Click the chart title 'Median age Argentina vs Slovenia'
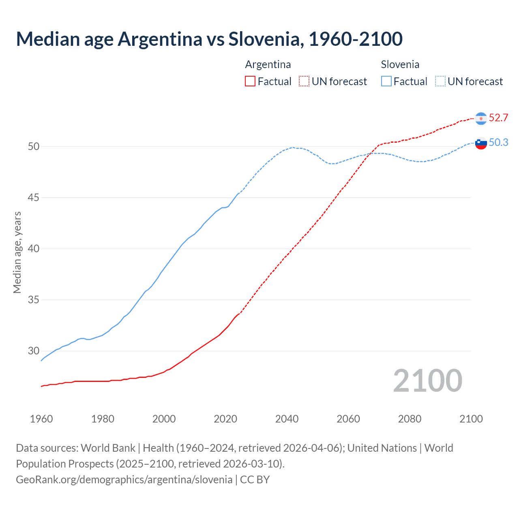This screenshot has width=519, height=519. click(209, 39)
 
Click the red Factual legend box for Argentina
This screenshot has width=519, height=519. click(250, 81)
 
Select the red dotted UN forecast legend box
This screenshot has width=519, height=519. click(304, 81)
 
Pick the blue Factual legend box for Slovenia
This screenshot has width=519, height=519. click(386, 81)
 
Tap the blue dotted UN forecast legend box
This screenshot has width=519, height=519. click(440, 81)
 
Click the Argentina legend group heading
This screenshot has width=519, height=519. click(268, 64)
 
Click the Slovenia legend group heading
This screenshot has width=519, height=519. click(400, 64)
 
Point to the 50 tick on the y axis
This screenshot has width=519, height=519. click(34, 146)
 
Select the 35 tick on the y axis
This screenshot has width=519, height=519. click(34, 300)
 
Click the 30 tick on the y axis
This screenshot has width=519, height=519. click(34, 351)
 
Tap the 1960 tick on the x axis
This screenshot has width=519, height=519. click(41, 419)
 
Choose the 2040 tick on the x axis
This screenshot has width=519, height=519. click(287, 419)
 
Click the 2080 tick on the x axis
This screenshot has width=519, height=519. click(410, 419)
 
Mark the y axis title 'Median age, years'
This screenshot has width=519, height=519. click(17, 252)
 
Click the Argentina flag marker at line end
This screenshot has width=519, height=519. click(481, 118)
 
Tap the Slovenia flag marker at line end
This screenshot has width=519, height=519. click(481, 143)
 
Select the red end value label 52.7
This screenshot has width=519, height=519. click(498, 118)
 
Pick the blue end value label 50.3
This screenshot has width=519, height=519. click(498, 143)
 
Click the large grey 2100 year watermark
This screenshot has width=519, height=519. click(428, 380)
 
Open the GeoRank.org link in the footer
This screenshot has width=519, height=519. click(124, 480)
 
